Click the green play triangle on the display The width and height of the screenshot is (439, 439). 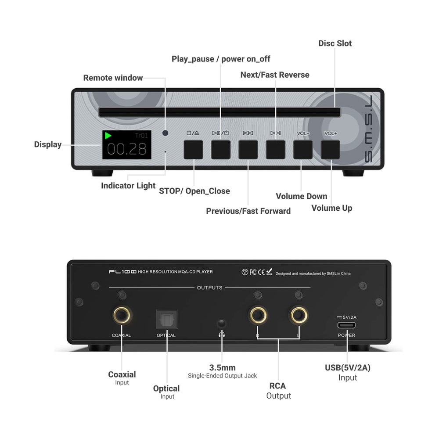click(x=108, y=136)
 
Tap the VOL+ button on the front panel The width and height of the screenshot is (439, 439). click(x=330, y=149)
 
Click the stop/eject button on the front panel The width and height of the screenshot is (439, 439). click(x=193, y=149)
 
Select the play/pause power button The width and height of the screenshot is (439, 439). click(x=220, y=149)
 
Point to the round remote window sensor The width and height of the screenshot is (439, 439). click(x=165, y=133)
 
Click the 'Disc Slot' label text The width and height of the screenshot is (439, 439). click(x=335, y=43)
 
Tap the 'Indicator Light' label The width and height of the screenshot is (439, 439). click(x=128, y=186)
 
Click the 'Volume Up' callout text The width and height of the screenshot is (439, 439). click(x=331, y=208)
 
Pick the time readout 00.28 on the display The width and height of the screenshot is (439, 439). click(x=127, y=150)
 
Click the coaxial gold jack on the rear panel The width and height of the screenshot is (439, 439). click(x=121, y=315)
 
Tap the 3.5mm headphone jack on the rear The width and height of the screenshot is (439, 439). click(x=222, y=324)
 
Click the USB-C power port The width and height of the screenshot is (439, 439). click(x=346, y=325)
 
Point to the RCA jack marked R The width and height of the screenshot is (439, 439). click(x=259, y=315)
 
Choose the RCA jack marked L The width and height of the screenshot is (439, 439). click(x=299, y=315)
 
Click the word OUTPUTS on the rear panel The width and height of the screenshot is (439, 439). click(x=210, y=288)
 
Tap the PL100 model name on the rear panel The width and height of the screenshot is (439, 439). click(x=122, y=272)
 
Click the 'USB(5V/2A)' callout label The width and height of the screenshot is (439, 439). click(x=348, y=368)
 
